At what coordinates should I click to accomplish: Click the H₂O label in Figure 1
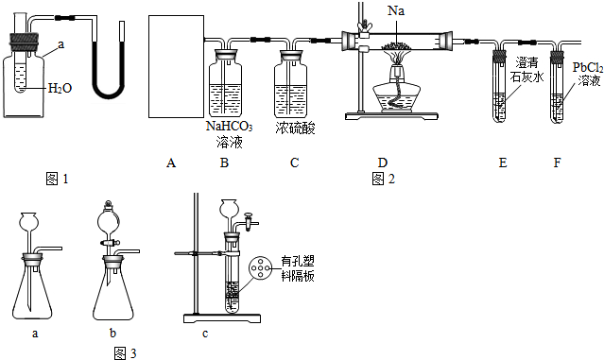(60, 89)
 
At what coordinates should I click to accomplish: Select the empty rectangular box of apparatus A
(176, 66)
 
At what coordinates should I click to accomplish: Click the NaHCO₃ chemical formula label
(230, 127)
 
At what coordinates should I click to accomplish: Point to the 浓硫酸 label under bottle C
(295, 128)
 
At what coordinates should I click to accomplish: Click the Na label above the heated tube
(396, 10)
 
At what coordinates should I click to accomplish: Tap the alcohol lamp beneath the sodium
(397, 90)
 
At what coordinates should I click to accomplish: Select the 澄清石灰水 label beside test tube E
(526, 69)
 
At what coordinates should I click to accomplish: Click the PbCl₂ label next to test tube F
(587, 68)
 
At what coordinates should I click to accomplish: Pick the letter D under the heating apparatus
(383, 163)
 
